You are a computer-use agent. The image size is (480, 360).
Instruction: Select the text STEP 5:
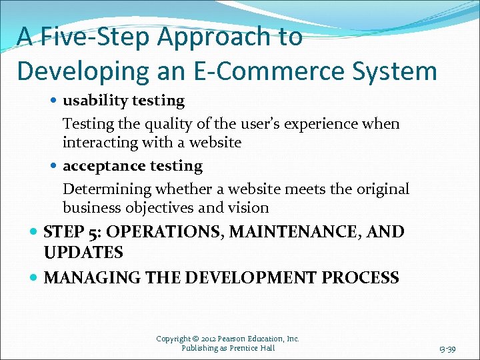pyautogui.click(x=72, y=233)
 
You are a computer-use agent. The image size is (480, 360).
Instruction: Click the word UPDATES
pyautogui.click(x=83, y=253)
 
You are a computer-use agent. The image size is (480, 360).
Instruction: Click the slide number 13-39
pyautogui.click(x=447, y=348)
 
